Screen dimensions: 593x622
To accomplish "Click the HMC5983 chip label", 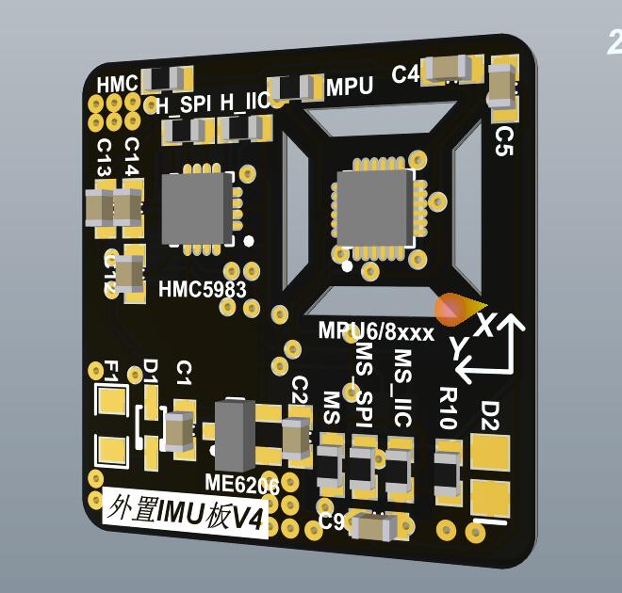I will (x=202, y=289).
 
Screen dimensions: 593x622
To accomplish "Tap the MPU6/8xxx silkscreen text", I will (x=375, y=331).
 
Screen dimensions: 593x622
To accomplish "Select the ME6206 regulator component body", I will (x=235, y=435).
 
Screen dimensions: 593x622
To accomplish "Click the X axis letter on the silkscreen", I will (x=484, y=325).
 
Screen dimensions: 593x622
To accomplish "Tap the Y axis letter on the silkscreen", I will (x=459, y=348).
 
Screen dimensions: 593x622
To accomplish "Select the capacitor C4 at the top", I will (x=448, y=69).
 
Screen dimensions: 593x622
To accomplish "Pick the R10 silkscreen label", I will (x=448, y=407).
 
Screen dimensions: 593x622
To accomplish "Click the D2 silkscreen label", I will (x=490, y=414).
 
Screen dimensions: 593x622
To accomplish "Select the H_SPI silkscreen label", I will (x=183, y=104).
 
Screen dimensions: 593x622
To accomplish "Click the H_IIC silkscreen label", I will (x=244, y=102).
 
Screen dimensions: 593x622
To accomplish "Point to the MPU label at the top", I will (x=350, y=87).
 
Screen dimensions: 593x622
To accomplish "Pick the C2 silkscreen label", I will (x=300, y=389).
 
